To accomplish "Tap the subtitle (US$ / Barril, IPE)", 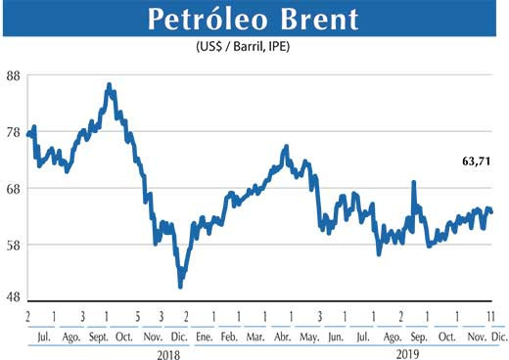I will coord(254,46).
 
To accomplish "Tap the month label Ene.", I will coord(204,336).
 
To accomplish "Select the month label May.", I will coord(309,336).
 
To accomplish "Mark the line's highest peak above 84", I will coord(109,85).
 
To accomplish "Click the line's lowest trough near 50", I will coord(180,286).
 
